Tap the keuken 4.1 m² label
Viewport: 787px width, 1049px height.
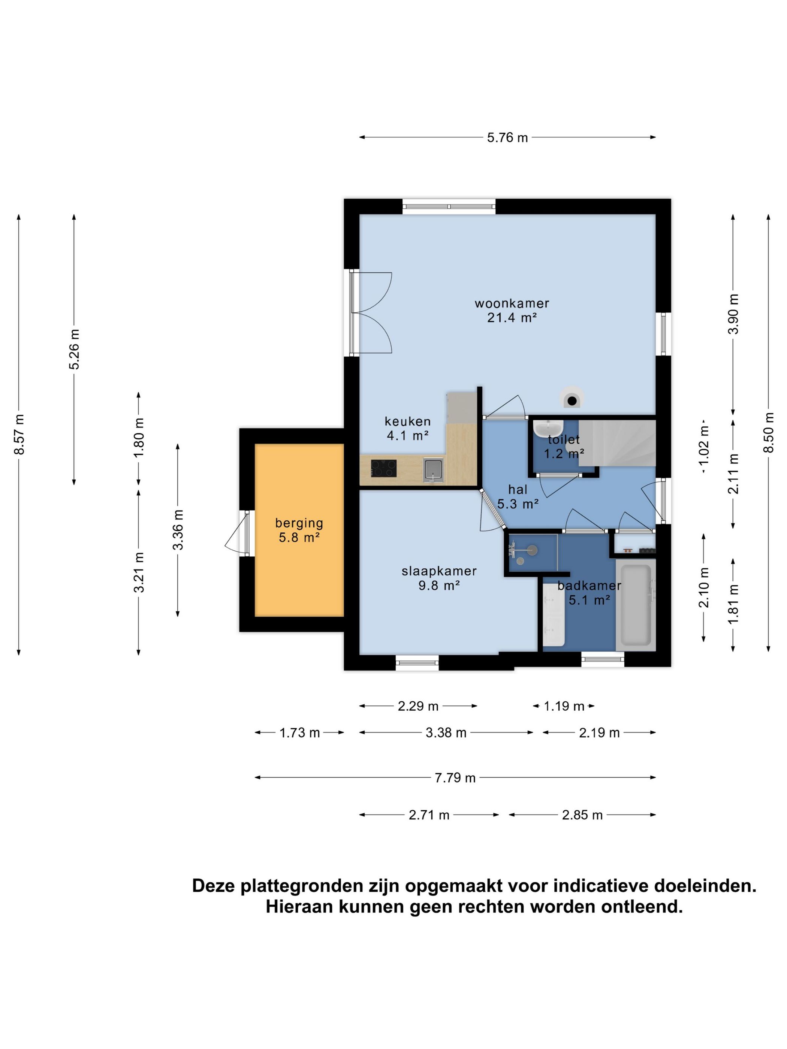tap(407, 428)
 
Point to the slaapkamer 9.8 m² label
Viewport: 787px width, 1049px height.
tap(439, 578)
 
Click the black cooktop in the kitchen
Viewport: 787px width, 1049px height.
tap(383, 468)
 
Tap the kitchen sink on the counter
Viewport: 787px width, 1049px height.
tap(433, 469)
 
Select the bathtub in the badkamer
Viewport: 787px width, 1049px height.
tap(636, 605)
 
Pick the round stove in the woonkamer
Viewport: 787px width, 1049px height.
tap(572, 398)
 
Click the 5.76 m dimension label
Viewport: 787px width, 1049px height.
tap(507, 137)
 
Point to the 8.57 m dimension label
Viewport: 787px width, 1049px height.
tap(19, 434)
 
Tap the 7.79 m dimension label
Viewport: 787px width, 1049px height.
tap(455, 778)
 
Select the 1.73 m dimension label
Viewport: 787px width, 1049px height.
tap(299, 733)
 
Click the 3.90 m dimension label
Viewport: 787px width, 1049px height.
tap(733, 314)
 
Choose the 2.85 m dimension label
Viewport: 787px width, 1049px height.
tap(582, 815)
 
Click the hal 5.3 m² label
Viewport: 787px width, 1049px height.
tap(518, 496)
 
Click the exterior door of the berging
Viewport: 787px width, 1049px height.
tap(236, 532)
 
